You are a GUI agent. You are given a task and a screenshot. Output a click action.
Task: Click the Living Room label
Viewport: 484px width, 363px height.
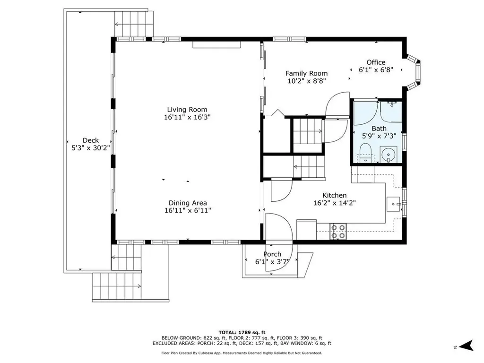coord(187,110)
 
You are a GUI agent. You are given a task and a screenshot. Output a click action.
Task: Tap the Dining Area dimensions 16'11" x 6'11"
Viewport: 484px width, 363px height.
coord(188,210)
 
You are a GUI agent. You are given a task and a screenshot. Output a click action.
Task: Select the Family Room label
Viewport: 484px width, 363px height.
coord(306,73)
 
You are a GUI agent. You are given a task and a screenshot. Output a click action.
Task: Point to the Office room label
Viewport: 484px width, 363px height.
coord(376,62)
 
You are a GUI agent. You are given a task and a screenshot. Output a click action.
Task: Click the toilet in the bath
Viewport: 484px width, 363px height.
coord(366,153)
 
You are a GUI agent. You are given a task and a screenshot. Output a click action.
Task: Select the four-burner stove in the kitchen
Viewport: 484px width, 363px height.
coord(338,232)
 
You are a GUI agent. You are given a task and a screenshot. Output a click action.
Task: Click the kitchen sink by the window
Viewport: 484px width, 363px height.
coord(393,204)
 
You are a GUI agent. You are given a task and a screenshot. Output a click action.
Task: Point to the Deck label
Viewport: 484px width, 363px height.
coord(91,140)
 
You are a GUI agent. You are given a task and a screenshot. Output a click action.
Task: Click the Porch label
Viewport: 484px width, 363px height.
coord(272,254)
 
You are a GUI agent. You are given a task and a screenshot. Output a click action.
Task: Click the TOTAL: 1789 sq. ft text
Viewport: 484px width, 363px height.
coord(242,332)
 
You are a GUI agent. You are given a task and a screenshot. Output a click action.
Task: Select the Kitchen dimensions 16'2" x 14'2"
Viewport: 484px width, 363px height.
coord(335,203)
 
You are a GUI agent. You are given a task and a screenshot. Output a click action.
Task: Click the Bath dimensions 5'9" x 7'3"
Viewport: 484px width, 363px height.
coord(379,136)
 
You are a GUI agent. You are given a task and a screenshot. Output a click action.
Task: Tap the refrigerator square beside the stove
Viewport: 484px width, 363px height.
coord(306,229)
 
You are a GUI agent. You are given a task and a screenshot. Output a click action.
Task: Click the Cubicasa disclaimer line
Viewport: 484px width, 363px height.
coord(242,353)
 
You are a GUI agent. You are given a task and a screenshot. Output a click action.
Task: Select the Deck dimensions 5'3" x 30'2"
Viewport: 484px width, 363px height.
coord(91,148)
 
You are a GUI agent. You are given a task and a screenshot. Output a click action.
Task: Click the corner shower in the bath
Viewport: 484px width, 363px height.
coord(366,112)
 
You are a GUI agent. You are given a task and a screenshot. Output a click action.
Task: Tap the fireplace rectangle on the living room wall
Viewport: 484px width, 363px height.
coord(216,44)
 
